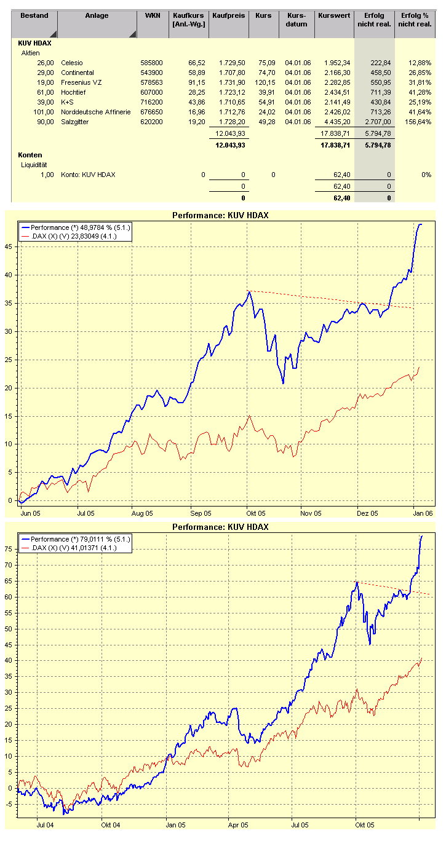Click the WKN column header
click(153, 15)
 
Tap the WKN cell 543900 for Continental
click(152, 73)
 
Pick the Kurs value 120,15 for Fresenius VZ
click(263, 82)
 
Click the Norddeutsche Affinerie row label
click(95, 112)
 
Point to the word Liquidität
click(35, 165)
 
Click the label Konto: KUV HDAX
click(88, 175)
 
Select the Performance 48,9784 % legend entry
click(81, 227)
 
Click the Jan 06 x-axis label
click(422, 513)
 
